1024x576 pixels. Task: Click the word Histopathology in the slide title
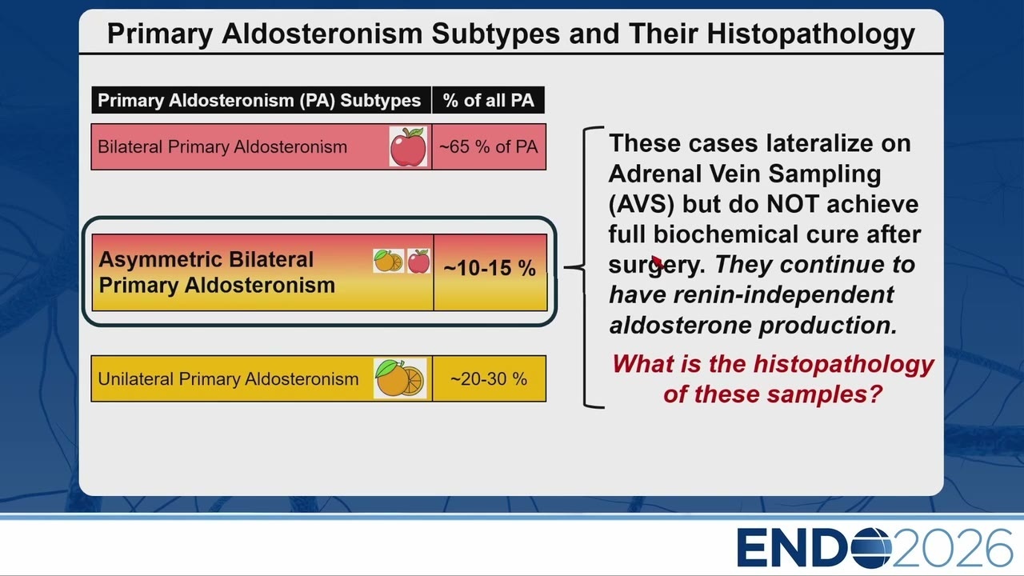[810, 34]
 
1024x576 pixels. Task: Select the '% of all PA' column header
[488, 100]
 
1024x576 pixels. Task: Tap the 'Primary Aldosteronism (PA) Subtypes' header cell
[261, 100]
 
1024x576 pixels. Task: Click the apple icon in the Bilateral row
[408, 146]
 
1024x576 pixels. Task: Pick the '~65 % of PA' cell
[489, 146]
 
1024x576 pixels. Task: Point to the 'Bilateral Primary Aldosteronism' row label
[222, 146]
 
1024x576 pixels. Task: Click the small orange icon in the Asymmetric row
[388, 261]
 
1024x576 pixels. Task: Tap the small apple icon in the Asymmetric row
[418, 261]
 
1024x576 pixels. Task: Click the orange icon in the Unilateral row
[400, 378]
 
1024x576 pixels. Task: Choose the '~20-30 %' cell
[489, 378]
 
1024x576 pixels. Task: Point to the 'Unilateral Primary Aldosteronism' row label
[228, 379]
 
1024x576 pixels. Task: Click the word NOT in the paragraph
[792, 204]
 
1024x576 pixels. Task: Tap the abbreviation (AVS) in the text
[641, 204]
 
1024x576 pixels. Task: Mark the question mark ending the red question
[875, 394]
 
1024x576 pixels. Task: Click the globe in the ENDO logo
[871, 548]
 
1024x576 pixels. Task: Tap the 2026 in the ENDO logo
[953, 548]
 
